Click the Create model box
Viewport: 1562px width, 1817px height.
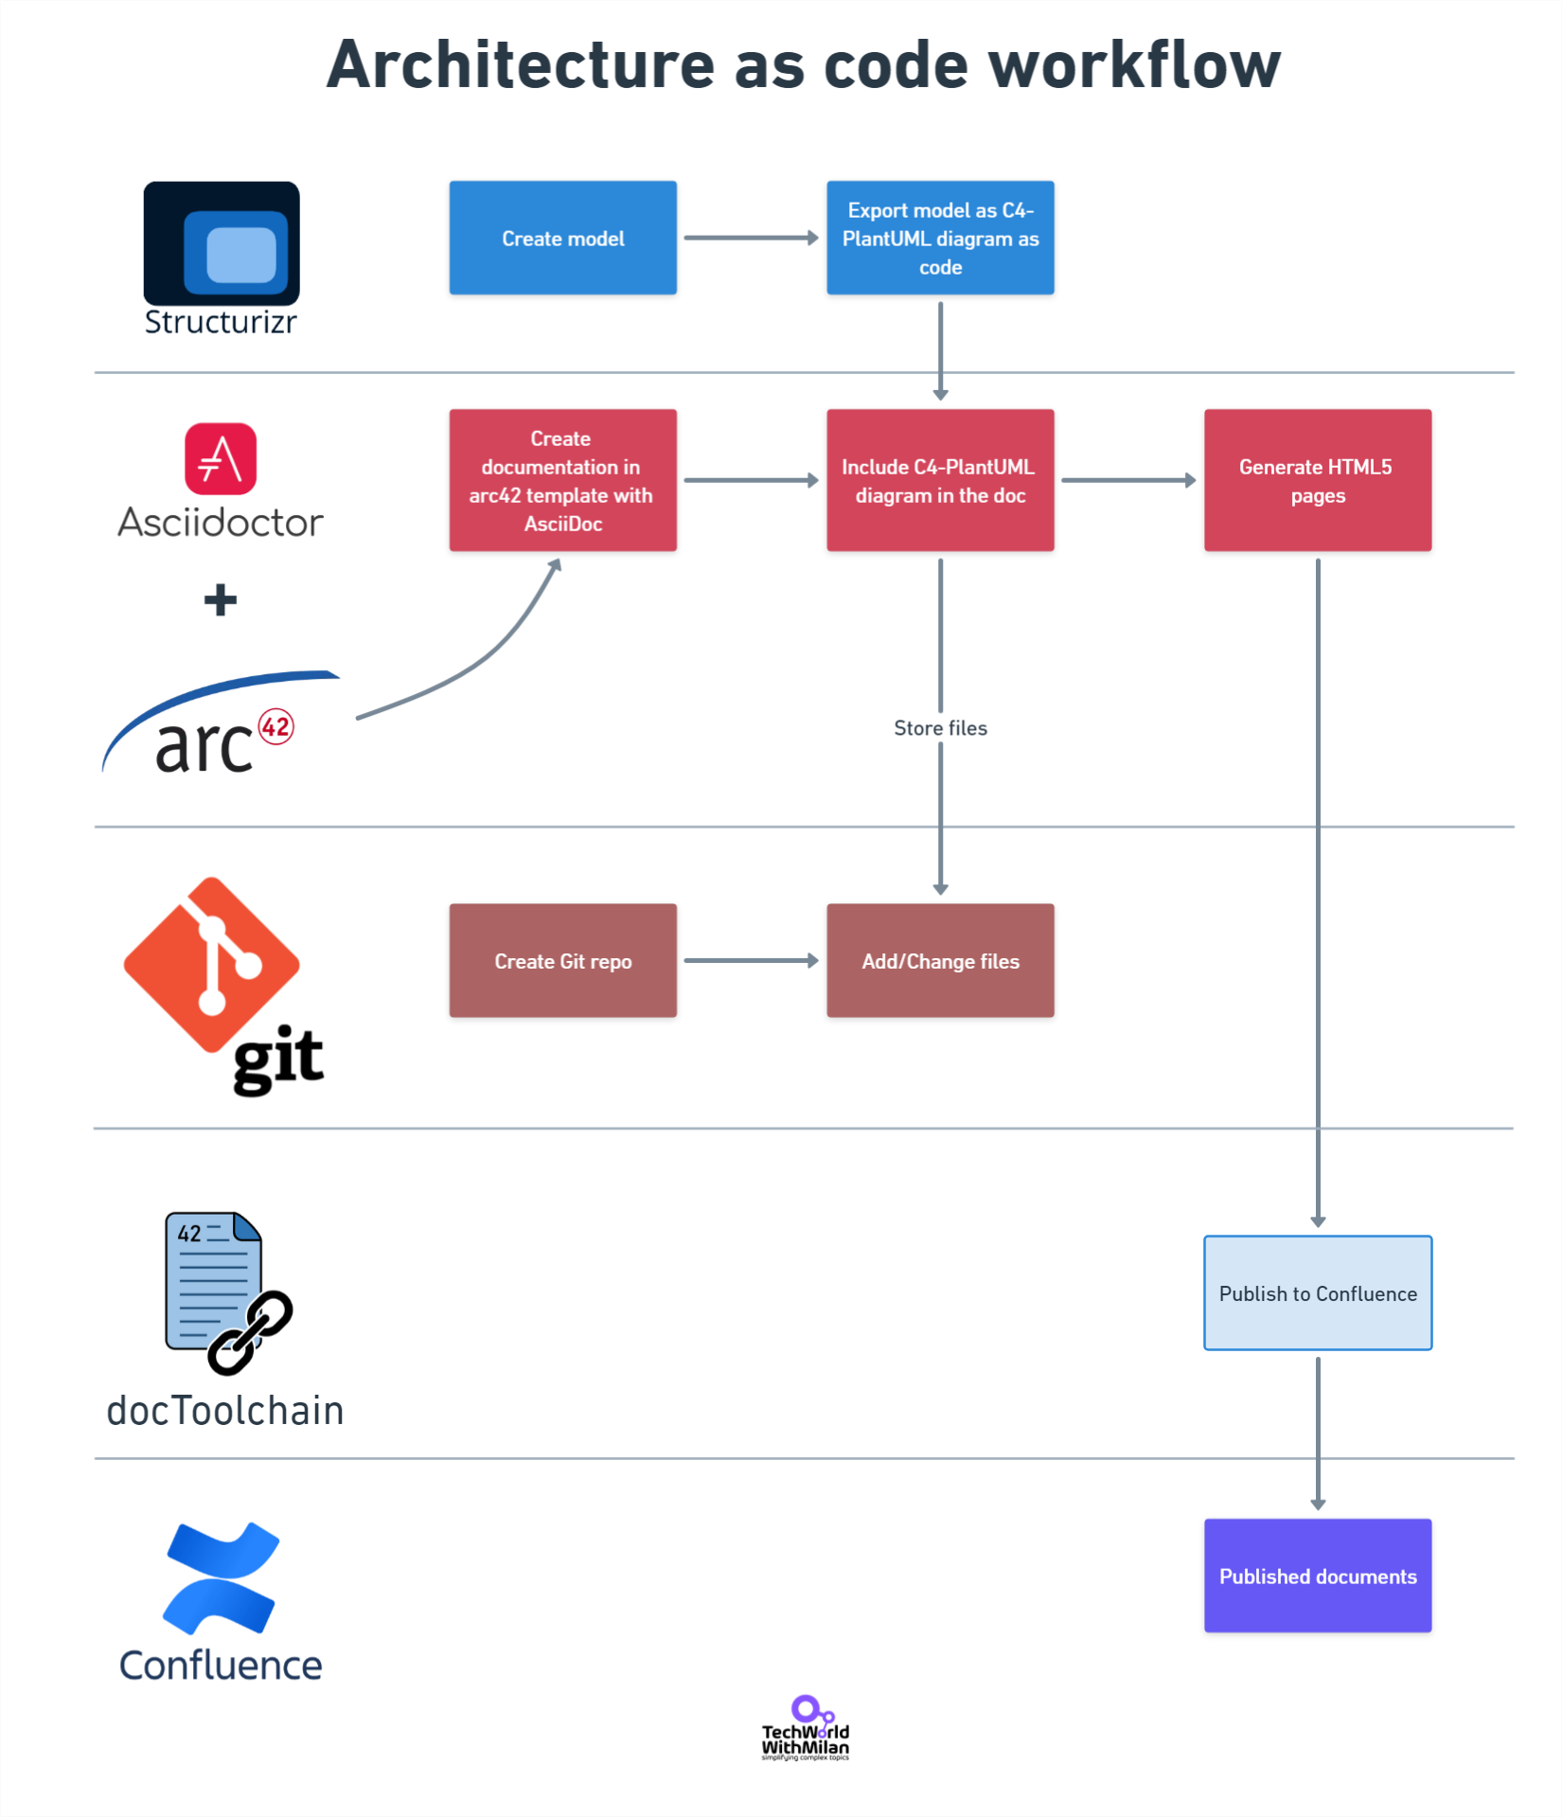(x=562, y=238)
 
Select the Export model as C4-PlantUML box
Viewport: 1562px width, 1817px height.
(x=940, y=238)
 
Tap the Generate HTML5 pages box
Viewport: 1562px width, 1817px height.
(x=1317, y=480)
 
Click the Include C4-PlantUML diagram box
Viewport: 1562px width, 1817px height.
(x=940, y=480)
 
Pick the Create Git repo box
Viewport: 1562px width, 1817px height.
(x=562, y=960)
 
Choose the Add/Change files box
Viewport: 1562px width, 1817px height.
(x=940, y=960)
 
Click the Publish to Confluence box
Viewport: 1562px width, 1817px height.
(x=1317, y=1292)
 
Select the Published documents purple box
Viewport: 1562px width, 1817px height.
(x=1317, y=1576)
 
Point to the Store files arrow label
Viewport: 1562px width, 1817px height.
(x=940, y=727)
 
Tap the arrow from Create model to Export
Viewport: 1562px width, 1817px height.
(x=751, y=238)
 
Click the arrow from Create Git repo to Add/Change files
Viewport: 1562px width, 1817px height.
(x=751, y=960)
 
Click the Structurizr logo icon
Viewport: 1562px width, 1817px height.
(x=222, y=243)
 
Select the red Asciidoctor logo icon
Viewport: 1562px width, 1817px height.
(x=221, y=458)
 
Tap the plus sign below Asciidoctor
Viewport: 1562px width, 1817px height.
(x=221, y=599)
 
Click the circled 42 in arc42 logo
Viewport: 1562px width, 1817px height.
(x=275, y=726)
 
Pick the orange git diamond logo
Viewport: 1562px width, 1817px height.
(x=212, y=964)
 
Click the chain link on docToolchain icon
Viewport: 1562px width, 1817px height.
(x=251, y=1331)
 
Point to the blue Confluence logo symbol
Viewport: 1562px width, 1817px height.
(x=222, y=1577)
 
